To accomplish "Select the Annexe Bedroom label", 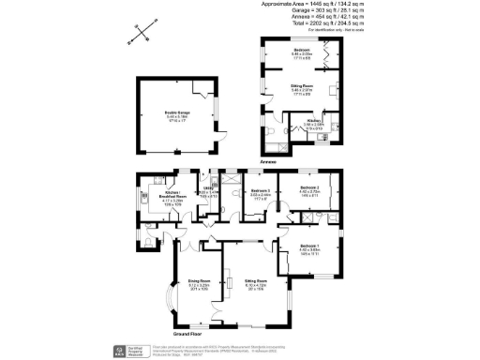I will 301,52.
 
